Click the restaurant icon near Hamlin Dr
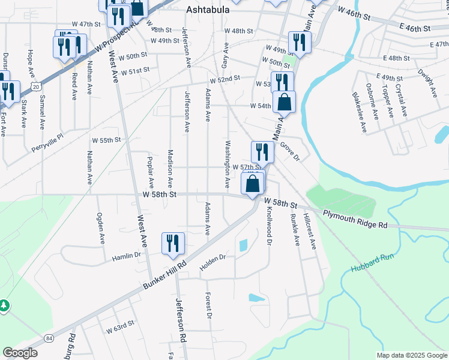click(x=173, y=244)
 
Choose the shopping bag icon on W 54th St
click(x=284, y=103)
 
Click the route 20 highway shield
click(x=37, y=88)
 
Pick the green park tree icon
click(x=4, y=306)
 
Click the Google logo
click(x=20, y=353)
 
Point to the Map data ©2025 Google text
click(x=412, y=355)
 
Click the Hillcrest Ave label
click(x=310, y=231)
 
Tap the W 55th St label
click(x=106, y=140)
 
